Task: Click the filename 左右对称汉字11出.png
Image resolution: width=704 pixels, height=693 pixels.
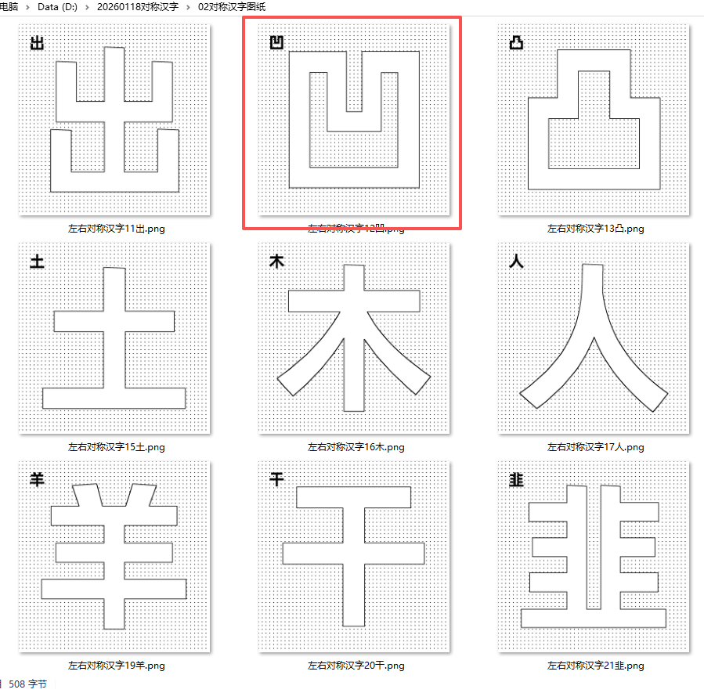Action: (x=116, y=229)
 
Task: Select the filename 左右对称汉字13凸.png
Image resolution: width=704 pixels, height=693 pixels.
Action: (x=595, y=229)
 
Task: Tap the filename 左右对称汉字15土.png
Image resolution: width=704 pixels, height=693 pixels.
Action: (x=116, y=447)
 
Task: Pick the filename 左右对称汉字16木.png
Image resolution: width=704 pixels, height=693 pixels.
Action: (x=356, y=447)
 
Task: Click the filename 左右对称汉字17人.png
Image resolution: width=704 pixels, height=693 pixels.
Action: (x=595, y=447)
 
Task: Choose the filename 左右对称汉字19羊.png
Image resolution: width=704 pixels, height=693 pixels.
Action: (x=116, y=666)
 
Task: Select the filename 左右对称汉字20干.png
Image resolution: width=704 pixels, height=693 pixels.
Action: (x=356, y=666)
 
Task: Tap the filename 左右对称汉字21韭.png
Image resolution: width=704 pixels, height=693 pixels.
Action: (x=595, y=666)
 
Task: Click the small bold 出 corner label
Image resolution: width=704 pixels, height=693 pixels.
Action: (x=37, y=43)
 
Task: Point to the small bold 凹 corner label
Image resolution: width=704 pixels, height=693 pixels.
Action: (x=276, y=42)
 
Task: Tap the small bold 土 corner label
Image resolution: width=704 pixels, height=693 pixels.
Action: (x=37, y=262)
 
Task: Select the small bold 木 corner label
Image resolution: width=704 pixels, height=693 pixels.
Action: (x=276, y=262)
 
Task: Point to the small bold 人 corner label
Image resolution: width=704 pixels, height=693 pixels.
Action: (x=515, y=262)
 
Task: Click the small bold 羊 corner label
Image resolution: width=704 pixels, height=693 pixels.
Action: (x=37, y=480)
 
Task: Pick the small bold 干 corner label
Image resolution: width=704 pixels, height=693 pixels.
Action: (x=276, y=480)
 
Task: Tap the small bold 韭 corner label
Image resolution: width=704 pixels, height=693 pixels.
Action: (x=515, y=480)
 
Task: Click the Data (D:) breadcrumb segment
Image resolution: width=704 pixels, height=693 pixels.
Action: (x=59, y=6)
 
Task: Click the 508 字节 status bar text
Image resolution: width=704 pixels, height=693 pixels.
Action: (x=27, y=684)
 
